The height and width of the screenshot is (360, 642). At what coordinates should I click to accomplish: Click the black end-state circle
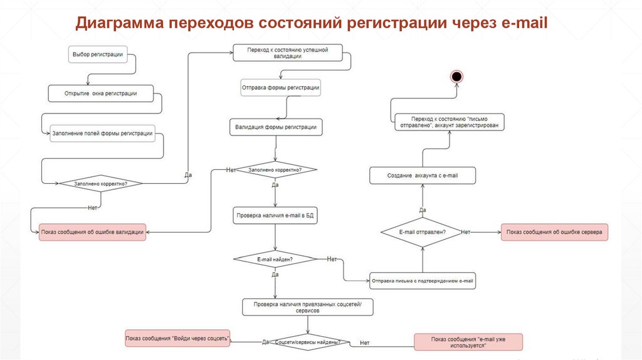[x=456, y=77]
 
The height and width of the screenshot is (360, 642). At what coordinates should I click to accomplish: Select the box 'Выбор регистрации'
[x=98, y=55]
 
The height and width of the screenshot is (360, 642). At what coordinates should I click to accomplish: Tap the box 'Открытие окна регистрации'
[x=100, y=93]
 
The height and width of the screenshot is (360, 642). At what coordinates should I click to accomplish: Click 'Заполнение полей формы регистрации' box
[x=102, y=133]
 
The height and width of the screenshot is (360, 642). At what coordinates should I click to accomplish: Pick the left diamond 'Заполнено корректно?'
[x=100, y=184]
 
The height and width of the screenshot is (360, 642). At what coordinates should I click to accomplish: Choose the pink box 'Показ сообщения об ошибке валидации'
[x=93, y=232]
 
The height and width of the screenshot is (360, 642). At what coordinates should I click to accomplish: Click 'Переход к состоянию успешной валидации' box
[x=288, y=53]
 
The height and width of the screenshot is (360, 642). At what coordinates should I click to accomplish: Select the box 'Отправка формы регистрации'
[x=281, y=88]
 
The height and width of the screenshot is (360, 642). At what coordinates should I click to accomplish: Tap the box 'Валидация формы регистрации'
[x=276, y=127]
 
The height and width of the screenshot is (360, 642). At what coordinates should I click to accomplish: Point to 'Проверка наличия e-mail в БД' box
[x=276, y=215]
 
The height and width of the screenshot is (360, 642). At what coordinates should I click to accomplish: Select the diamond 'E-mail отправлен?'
[x=423, y=232]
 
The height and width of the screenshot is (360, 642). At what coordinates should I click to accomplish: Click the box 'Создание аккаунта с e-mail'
[x=423, y=176]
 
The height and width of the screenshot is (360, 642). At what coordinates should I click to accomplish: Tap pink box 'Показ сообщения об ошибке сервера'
[x=554, y=232]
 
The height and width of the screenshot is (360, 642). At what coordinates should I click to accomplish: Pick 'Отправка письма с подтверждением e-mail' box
[x=423, y=280]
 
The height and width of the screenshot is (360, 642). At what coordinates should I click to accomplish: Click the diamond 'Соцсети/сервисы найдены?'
[x=307, y=342]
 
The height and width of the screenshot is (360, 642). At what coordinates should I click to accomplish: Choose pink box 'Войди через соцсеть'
[x=177, y=339]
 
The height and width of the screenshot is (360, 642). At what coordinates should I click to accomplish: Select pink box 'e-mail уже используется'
[x=468, y=342]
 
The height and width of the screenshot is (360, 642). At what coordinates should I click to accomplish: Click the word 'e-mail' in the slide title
[x=525, y=24]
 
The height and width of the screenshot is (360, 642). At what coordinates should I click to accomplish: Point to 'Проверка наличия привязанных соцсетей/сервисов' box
[x=308, y=307]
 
